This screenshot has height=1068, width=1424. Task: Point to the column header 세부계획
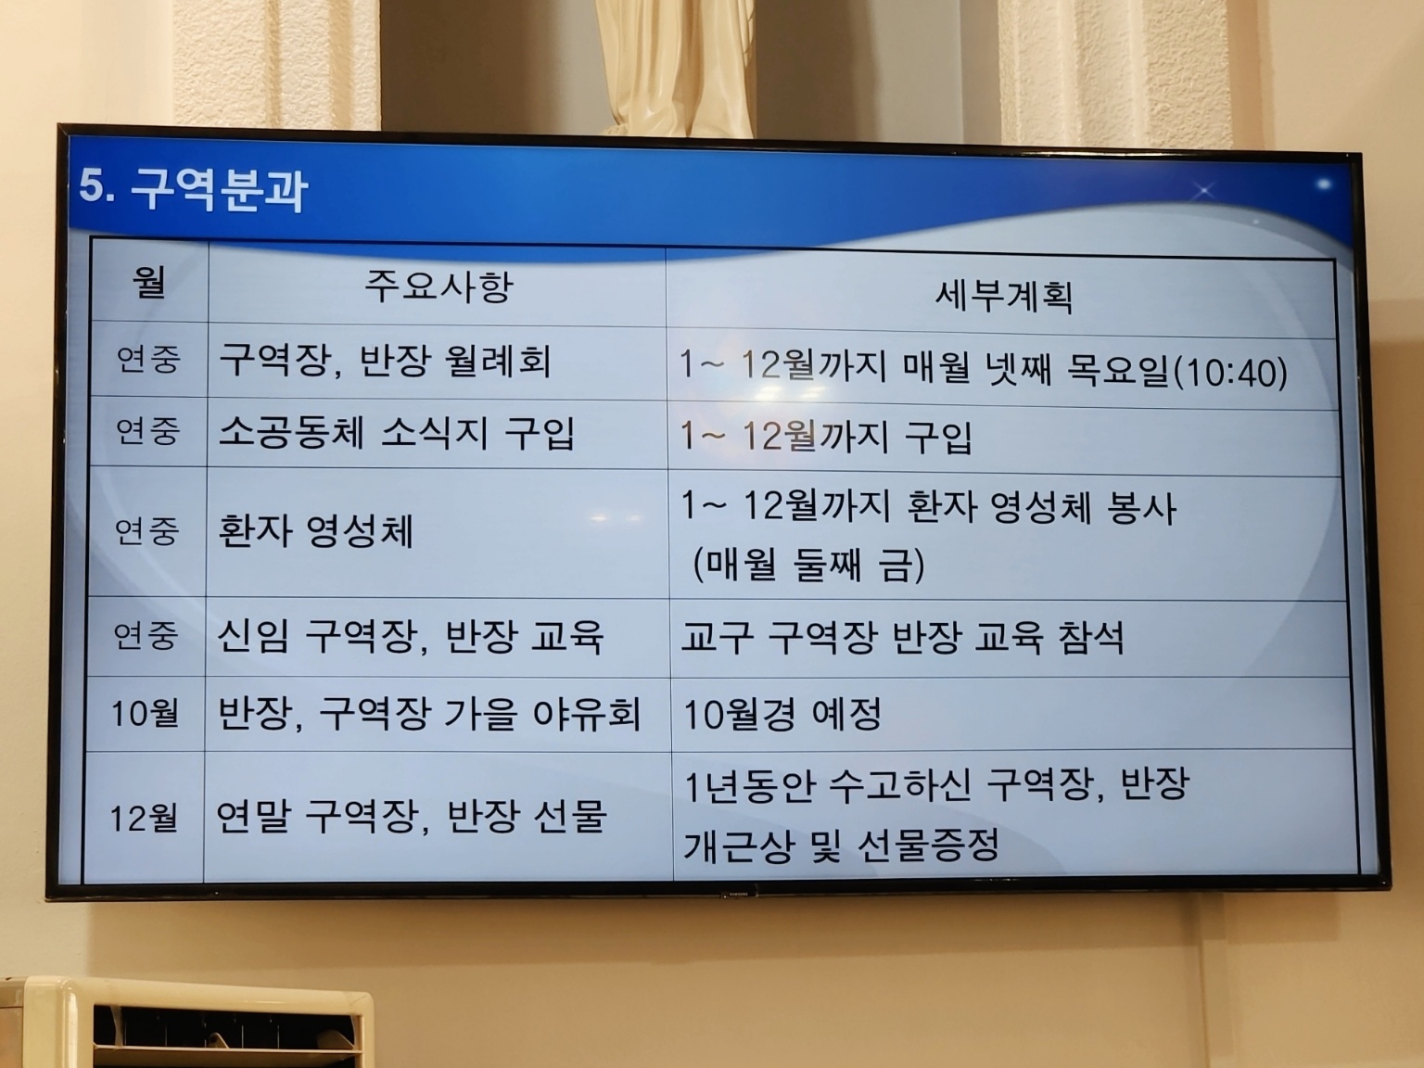pyautogui.click(x=1003, y=296)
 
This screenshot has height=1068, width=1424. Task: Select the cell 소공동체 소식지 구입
pyautogui.click(x=397, y=433)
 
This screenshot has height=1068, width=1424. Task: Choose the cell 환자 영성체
pyautogui.click(x=315, y=531)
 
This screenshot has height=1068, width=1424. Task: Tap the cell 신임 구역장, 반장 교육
pyautogui.click(x=410, y=637)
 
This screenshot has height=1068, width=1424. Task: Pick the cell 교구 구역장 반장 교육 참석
pyautogui.click(x=902, y=638)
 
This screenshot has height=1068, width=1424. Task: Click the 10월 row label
pyautogui.click(x=146, y=713)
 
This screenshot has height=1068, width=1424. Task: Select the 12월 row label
pyautogui.click(x=144, y=819)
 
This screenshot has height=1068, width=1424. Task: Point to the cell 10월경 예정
pyautogui.click(x=783, y=715)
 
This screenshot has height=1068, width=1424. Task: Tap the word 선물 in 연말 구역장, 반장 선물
pyautogui.click(x=565, y=816)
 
